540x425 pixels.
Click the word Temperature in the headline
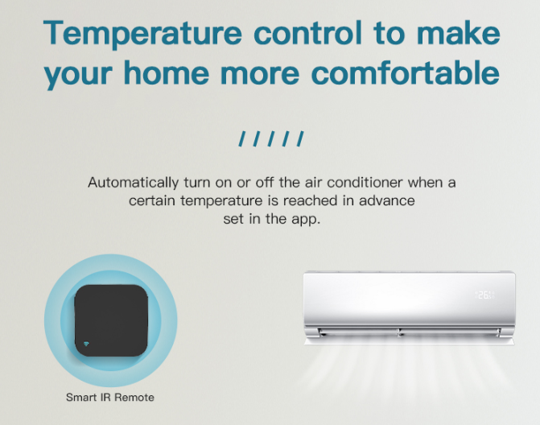click(x=142, y=34)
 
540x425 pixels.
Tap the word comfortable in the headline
click(x=405, y=72)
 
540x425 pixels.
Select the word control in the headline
click(x=307, y=33)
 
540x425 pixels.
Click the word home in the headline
click(x=167, y=72)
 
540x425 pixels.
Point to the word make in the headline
click(x=459, y=33)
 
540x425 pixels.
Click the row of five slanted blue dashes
click(x=271, y=138)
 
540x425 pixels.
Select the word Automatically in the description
click(x=134, y=183)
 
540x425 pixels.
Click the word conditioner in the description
click(x=365, y=182)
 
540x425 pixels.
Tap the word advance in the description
click(x=387, y=200)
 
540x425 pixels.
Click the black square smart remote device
click(x=111, y=320)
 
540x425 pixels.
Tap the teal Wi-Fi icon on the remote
click(x=86, y=344)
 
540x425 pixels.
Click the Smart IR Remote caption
click(x=110, y=398)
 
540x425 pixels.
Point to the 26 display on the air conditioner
click(x=485, y=295)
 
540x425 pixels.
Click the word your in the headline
click(x=78, y=75)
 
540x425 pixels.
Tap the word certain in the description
click(x=152, y=200)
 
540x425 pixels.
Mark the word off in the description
click(x=264, y=182)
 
